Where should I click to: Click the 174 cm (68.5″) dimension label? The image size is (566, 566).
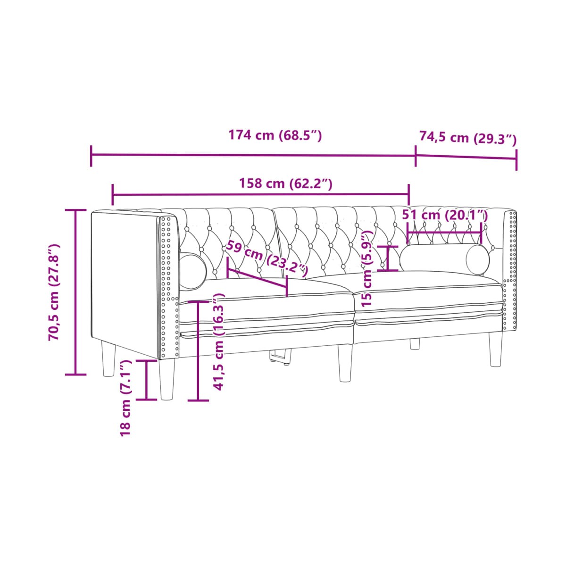tap(275, 135)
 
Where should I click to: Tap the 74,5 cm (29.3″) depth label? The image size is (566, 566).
tap(467, 137)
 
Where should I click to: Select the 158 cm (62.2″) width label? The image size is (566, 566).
tap(285, 183)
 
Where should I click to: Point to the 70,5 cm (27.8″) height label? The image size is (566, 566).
tap(54, 292)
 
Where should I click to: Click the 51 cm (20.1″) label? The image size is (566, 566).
tap(445, 215)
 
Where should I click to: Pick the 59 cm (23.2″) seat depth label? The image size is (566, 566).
tap(266, 258)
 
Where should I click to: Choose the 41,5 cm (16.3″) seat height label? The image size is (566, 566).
tap(218, 341)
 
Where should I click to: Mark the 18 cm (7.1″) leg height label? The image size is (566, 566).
tap(125, 398)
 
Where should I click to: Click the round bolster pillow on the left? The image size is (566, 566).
tap(192, 271)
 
